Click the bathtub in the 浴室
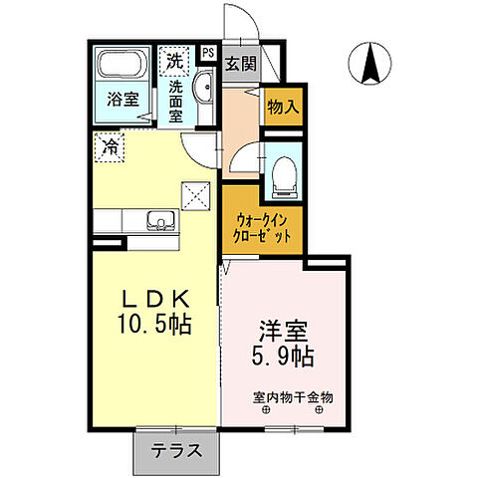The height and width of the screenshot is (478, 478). (121, 68)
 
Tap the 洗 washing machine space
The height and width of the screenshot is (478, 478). (175, 59)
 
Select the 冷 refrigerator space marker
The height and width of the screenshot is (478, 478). (112, 148)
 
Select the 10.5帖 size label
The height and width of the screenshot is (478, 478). (154, 325)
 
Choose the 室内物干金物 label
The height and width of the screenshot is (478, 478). (292, 396)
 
